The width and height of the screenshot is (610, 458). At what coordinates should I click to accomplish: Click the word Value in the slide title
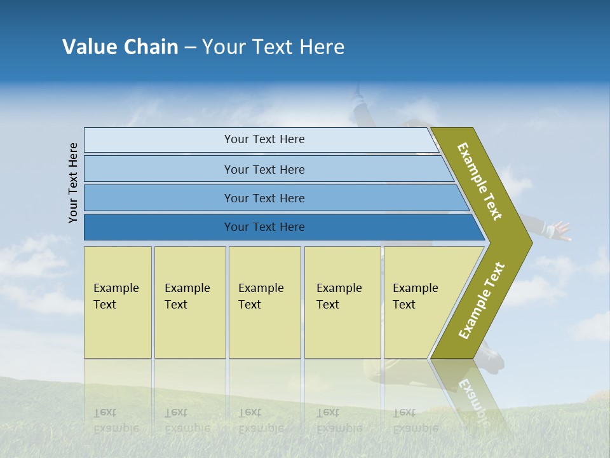click(88, 47)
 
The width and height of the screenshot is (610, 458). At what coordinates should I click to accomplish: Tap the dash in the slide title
click(190, 48)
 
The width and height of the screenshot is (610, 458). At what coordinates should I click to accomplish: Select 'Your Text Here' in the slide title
click(273, 47)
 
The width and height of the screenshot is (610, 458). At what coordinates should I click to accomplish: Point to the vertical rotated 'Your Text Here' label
click(73, 183)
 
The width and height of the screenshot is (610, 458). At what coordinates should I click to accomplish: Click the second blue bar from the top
click(264, 169)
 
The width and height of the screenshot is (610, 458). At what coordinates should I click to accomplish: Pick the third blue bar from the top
click(264, 198)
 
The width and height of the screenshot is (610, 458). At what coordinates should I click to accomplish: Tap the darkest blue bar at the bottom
click(264, 227)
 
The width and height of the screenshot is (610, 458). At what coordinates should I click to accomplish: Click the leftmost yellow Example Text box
click(118, 302)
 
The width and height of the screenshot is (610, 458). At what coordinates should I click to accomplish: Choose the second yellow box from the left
click(190, 302)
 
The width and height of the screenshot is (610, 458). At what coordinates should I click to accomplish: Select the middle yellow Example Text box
click(264, 302)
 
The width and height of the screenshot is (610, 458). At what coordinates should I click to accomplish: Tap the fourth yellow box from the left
click(342, 302)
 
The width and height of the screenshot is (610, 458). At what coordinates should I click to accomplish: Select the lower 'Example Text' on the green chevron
click(482, 301)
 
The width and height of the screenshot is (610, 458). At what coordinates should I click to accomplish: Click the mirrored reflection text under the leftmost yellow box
click(116, 420)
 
